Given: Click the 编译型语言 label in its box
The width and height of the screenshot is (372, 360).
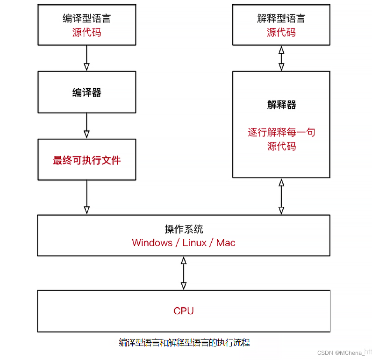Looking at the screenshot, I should pyautogui.click(x=87, y=18).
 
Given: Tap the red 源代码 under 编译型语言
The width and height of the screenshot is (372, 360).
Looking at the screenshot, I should pyautogui.click(x=87, y=32).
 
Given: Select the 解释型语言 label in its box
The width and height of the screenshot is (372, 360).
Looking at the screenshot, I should pyautogui.click(x=281, y=18).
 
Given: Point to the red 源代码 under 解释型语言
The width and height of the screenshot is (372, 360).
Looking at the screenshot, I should pyautogui.click(x=281, y=32).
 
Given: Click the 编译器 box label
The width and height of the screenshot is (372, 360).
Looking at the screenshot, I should pyautogui.click(x=87, y=92).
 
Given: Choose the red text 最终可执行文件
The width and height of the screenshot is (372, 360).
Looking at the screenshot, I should pyautogui.click(x=87, y=160).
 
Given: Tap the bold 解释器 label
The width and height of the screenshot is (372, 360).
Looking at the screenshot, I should pyautogui.click(x=281, y=105).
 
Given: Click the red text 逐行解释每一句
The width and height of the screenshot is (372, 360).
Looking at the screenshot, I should pyautogui.click(x=281, y=132).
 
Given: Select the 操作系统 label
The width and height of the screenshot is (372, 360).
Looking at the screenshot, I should pyautogui.click(x=184, y=229).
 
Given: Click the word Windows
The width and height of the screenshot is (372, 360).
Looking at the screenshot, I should pyautogui.click(x=152, y=243).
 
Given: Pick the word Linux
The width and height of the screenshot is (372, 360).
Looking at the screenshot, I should pyautogui.click(x=194, y=243).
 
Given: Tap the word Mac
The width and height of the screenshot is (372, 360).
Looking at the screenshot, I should pyautogui.click(x=226, y=243).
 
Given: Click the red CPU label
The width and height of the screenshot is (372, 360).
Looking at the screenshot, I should pyautogui.click(x=184, y=311).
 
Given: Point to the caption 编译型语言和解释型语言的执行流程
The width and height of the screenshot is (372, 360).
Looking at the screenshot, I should pyautogui.click(x=185, y=343).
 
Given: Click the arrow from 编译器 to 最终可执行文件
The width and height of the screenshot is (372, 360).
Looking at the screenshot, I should pyautogui.click(x=86, y=126).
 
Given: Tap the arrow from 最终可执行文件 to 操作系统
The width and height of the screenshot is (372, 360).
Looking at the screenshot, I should pyautogui.click(x=86, y=197).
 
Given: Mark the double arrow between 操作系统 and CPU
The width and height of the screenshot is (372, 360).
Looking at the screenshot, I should pyautogui.click(x=184, y=273).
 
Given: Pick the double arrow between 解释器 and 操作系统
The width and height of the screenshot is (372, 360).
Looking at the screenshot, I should pyautogui.click(x=281, y=197).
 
